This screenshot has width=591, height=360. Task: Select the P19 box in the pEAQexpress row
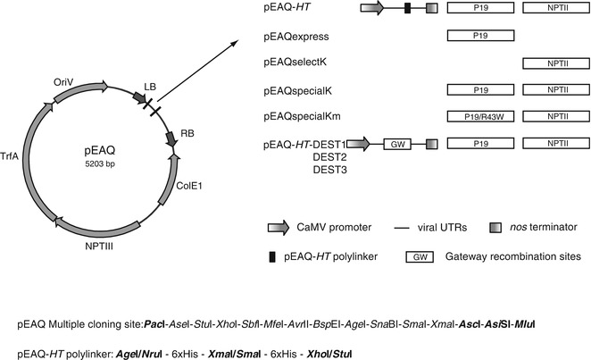[x=479, y=37]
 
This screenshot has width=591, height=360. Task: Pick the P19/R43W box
[x=479, y=117]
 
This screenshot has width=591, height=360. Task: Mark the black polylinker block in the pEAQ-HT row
[x=407, y=8]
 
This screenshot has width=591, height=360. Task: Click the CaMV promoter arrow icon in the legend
[x=279, y=229]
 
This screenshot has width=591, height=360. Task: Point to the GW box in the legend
[x=418, y=256]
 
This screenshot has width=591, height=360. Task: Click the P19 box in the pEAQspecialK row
[x=479, y=90]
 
